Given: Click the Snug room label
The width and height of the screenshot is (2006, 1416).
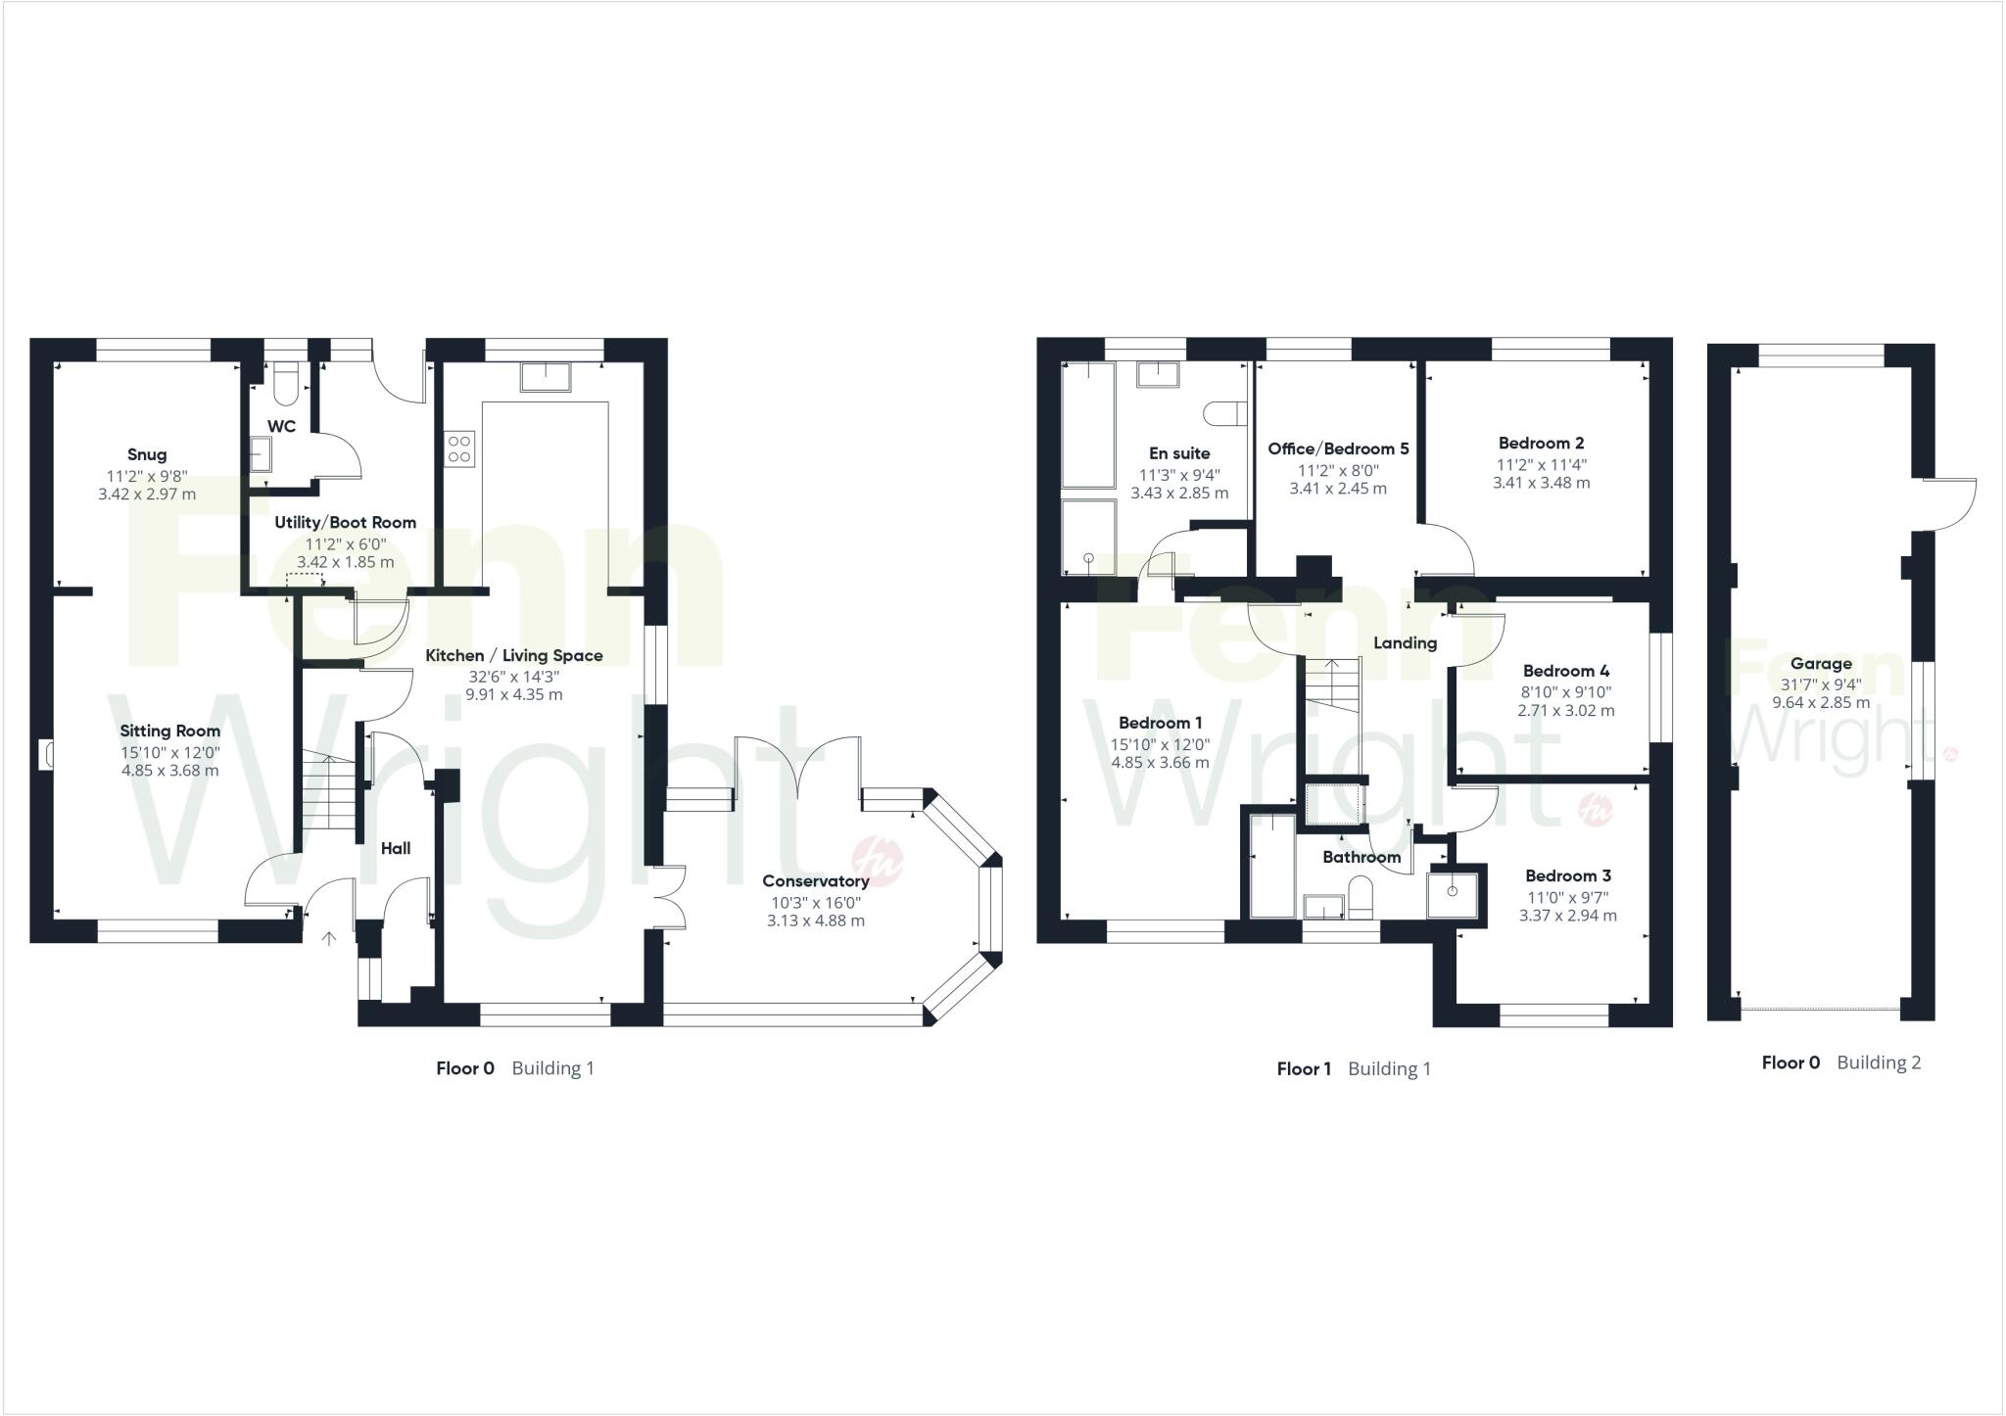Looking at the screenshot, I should point(147,454).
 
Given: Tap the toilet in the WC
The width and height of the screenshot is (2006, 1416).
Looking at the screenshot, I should point(286,386).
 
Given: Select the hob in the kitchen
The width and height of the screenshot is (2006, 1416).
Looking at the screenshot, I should point(460,448).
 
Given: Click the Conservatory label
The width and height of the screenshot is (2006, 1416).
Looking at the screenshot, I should point(815,881).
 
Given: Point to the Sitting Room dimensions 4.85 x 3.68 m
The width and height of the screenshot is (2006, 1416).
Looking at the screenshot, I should point(170,771).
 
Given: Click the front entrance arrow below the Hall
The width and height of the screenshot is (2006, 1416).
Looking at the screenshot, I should point(329,938).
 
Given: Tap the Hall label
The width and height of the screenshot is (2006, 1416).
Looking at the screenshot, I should point(396,849).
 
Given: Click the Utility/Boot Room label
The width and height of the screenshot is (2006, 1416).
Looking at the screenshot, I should point(345,522).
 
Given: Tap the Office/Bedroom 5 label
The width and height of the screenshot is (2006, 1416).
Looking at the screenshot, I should point(1338,448).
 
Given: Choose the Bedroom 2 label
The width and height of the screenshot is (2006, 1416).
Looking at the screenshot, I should point(1541,443).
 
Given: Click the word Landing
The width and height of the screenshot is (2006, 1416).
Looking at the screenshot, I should point(1405,643).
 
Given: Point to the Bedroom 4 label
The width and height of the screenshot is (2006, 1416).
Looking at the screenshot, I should point(1565,671).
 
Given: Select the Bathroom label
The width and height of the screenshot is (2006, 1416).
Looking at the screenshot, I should point(1361,857).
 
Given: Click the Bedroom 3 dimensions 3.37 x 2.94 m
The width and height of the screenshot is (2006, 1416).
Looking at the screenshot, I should point(1567,916).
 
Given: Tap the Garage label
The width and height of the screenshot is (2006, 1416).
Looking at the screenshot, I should point(1821,663).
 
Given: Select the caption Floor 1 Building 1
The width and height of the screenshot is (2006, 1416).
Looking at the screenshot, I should point(1353,1069).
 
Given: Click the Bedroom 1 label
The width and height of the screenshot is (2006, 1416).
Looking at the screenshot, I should point(1161,723).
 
